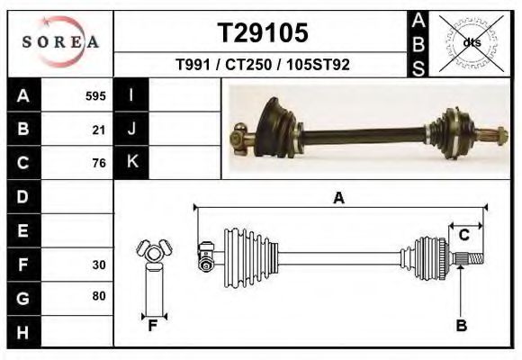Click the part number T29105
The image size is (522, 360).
click(264, 33)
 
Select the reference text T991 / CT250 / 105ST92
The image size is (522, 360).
click(263, 65)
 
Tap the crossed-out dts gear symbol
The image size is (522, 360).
click(471, 42)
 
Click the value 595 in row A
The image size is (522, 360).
click(95, 95)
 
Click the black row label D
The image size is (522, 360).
click(22, 196)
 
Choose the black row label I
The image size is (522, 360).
click(131, 95)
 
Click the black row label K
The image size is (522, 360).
click(131, 162)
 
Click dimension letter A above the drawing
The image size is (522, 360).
click(339, 198)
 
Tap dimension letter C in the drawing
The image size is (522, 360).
click(464, 236)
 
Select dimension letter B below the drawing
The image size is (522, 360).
click(462, 326)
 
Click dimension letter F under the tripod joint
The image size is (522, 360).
click(153, 326)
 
